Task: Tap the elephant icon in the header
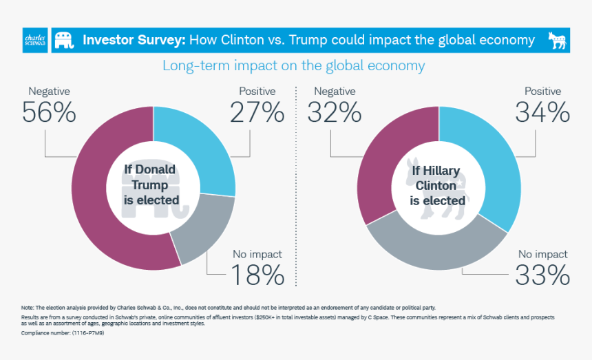[x=64, y=40]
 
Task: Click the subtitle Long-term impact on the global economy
[x=293, y=66]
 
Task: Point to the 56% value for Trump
[x=48, y=112]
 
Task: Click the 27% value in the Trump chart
[x=257, y=112]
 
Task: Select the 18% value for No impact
[x=257, y=275]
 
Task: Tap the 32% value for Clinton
[x=334, y=112]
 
